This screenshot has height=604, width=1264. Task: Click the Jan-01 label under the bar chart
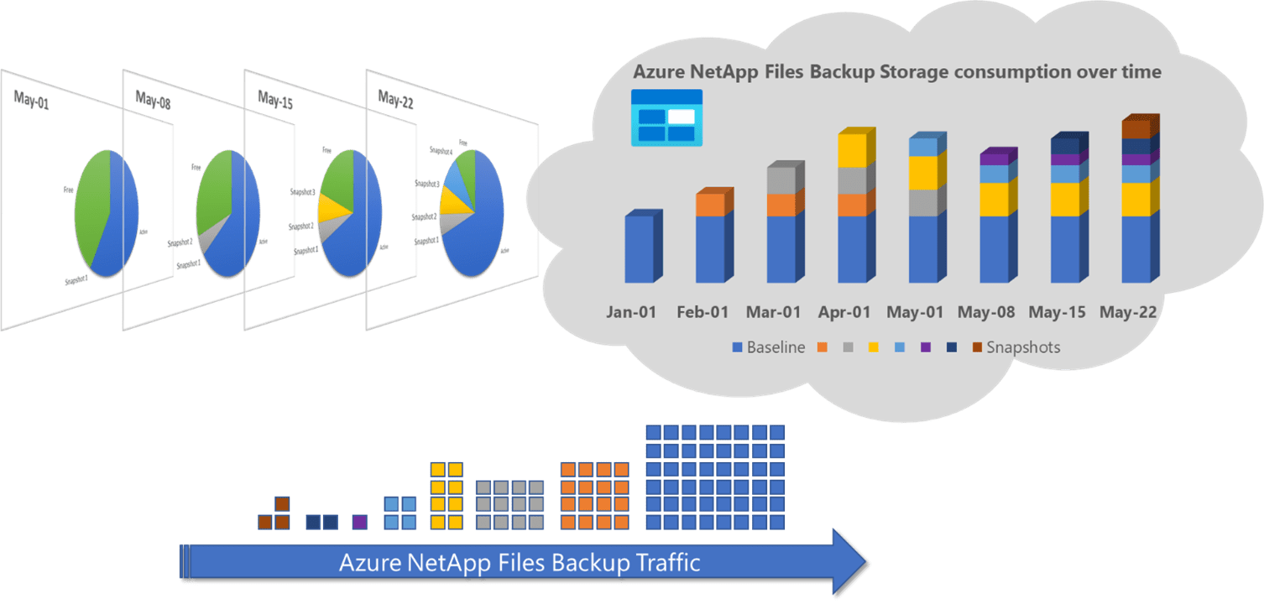click(632, 313)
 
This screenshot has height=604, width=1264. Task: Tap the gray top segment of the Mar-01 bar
click(781, 180)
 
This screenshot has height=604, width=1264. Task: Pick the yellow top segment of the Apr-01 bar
click(852, 150)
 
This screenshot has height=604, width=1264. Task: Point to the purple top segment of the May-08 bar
click(995, 159)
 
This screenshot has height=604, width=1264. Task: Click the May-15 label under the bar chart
click(1057, 313)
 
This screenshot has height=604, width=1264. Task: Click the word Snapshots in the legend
click(1022, 347)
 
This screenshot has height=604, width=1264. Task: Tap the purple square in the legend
click(926, 347)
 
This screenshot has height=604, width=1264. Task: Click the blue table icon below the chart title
click(666, 117)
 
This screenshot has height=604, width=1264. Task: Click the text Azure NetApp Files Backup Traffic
click(519, 562)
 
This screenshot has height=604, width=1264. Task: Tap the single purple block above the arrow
click(359, 522)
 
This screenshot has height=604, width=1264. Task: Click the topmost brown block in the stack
click(282, 503)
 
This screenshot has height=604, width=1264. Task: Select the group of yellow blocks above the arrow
click(447, 495)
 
